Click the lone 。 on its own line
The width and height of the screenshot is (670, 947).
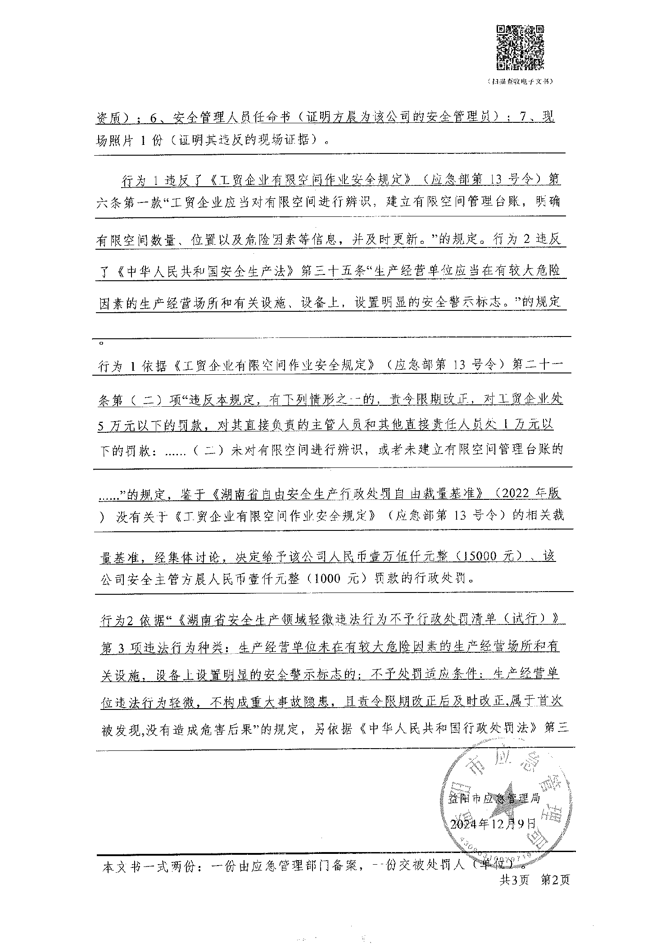click(101, 343)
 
